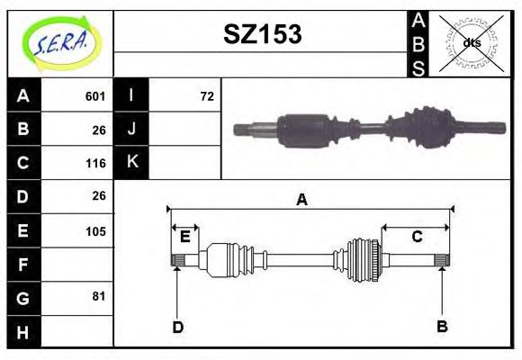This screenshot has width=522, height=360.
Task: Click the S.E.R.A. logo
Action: click(61, 43)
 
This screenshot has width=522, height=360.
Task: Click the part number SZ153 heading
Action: click(263, 34)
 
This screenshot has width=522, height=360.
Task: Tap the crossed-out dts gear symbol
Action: click(471, 43)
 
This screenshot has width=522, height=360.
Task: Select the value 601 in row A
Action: click(95, 96)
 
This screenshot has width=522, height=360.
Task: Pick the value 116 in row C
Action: click(95, 164)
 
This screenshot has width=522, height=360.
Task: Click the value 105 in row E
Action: click(95, 231)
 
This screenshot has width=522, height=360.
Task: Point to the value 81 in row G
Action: click(99, 296)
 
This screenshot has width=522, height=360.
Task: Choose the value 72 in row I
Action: click(207, 96)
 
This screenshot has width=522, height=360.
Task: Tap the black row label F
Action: click(23, 265)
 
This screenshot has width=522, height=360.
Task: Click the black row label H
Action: click(23, 332)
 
